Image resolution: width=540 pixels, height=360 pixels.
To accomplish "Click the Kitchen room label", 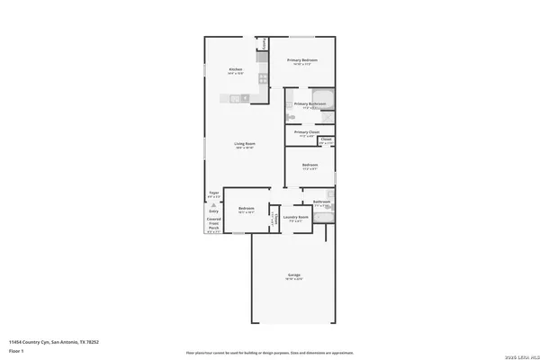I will click(236, 69).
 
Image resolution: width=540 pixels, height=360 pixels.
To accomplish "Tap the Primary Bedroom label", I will click(304, 60).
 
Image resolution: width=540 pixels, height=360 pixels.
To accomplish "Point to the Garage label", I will click(293, 274).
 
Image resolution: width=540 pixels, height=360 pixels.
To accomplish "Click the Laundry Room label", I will click(295, 217).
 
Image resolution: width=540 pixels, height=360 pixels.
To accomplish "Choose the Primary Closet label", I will click(307, 132).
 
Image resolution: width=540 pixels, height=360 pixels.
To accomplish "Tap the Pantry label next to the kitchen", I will click(264, 43).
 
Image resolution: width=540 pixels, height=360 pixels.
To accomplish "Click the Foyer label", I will click(214, 193).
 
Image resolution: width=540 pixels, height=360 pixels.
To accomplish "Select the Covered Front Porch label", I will click(214, 224).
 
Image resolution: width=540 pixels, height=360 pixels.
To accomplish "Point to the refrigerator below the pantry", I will click(263, 58).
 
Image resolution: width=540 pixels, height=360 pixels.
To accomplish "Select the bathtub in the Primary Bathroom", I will click(323, 95).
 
